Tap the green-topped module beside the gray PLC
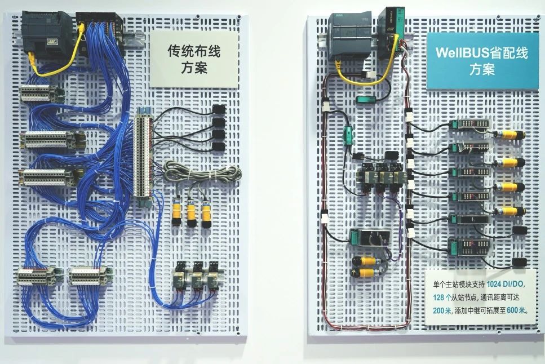(x=390, y=32)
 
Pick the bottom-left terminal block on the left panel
(x=36, y=276)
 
